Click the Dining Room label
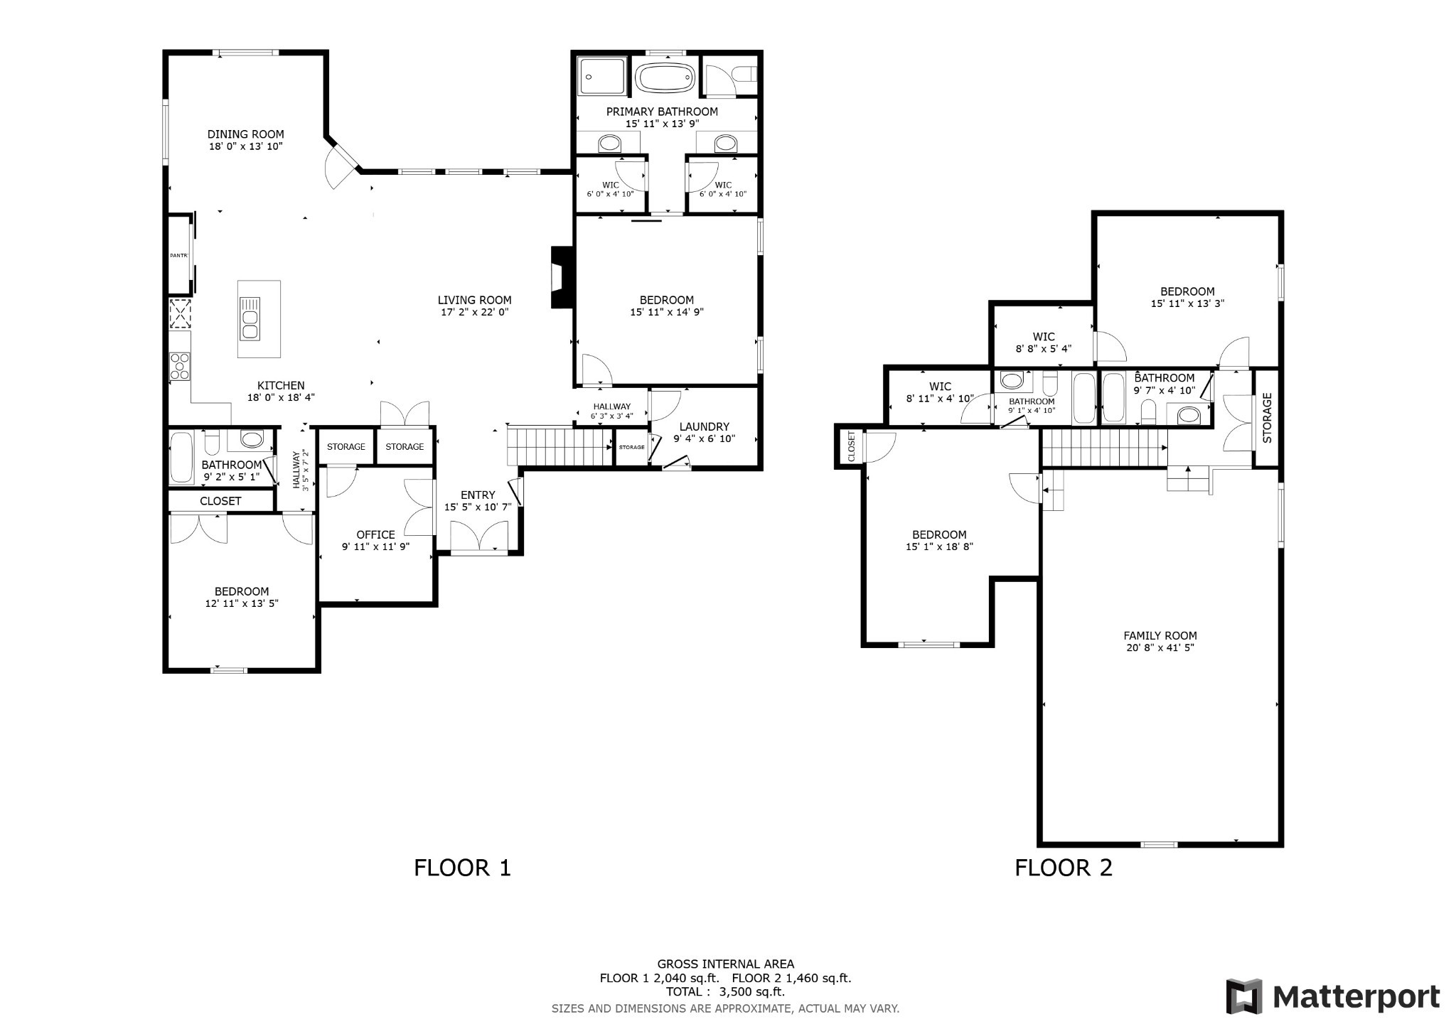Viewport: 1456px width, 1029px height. [245, 134]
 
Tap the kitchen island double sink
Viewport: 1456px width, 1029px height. [250, 318]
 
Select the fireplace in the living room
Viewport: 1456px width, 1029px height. [562, 277]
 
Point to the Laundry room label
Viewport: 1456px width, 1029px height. [704, 426]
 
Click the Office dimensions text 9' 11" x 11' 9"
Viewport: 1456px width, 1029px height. [376, 546]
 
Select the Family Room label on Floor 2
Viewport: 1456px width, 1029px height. [1160, 636]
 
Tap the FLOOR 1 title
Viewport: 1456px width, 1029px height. [463, 868]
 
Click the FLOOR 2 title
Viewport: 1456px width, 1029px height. [1064, 868]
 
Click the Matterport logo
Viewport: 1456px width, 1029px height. [1333, 996]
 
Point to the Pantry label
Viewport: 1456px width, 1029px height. [178, 255]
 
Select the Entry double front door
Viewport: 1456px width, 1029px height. [480, 537]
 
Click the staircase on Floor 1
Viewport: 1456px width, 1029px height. [560, 446]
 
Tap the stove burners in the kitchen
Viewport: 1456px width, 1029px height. [180, 366]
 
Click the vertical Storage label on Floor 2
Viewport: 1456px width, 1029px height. [1267, 418]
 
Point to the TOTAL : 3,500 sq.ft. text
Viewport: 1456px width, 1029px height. [725, 991]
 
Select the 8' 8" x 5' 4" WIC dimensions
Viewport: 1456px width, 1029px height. [1044, 349]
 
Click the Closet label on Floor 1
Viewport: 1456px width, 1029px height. [220, 501]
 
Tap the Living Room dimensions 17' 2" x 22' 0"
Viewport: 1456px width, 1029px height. [475, 312]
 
